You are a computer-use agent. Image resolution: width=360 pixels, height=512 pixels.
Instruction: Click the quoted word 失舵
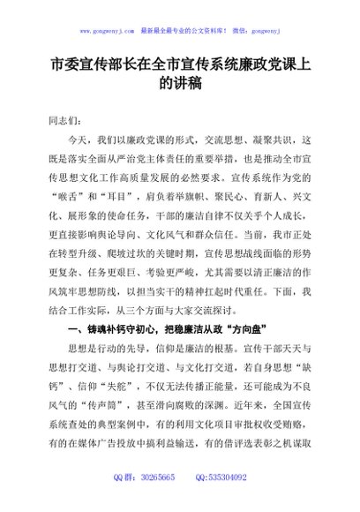pyautogui.click(x=107, y=394)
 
